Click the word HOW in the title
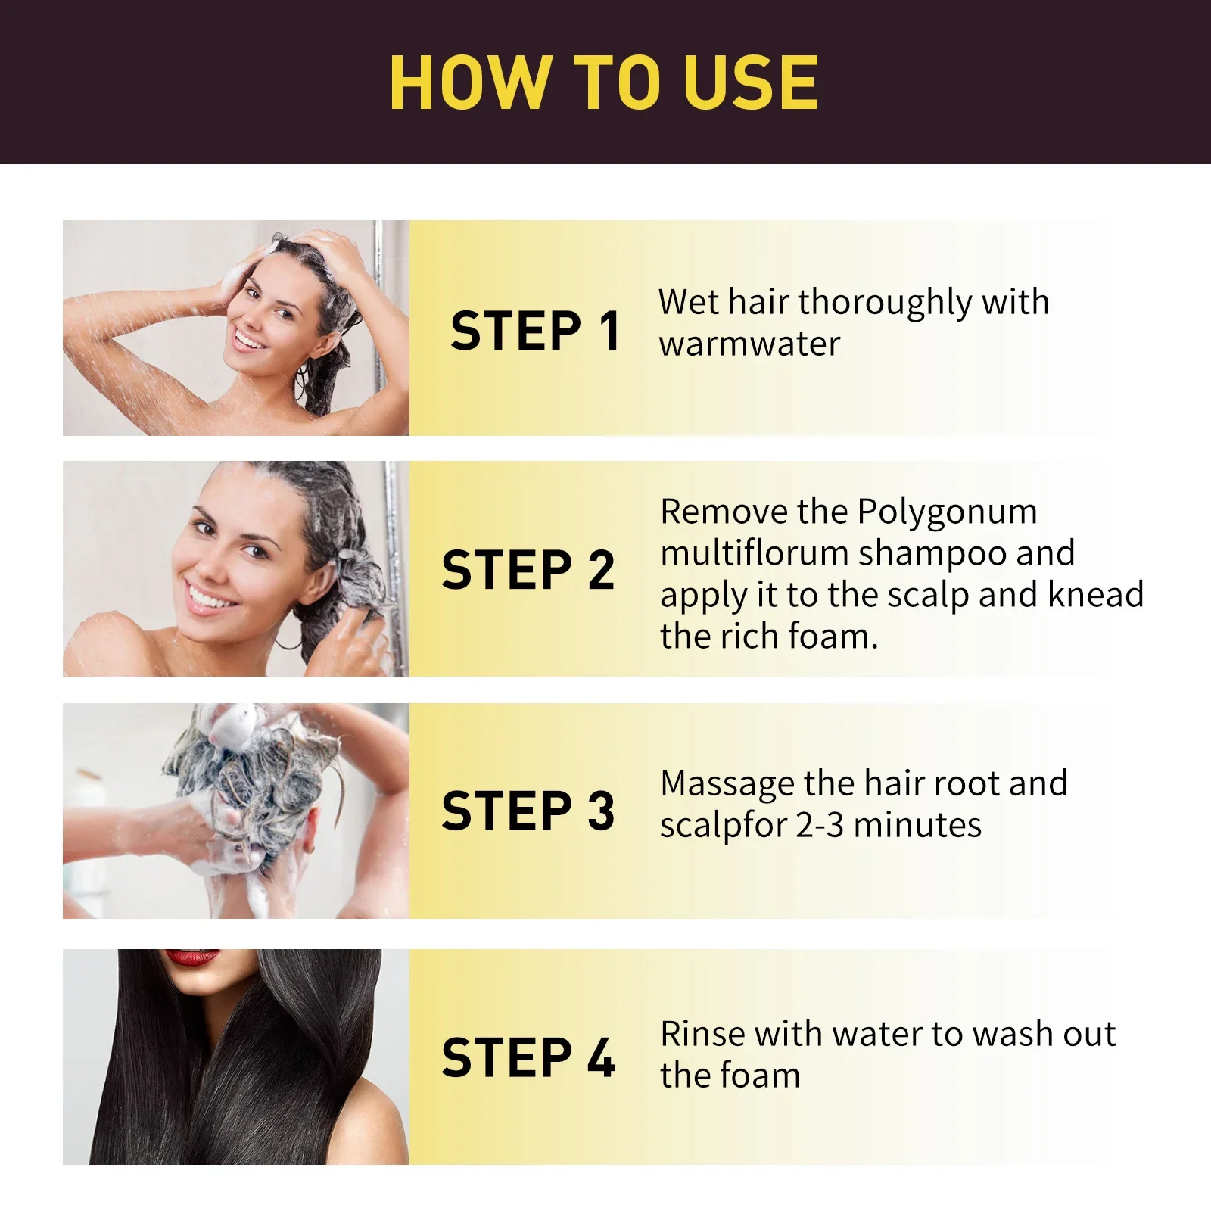pyautogui.click(x=469, y=82)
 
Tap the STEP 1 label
pyautogui.click(x=535, y=331)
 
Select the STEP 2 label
pyautogui.click(x=528, y=570)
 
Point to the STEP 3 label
pyautogui.click(x=528, y=811)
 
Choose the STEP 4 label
pyautogui.click(x=528, y=1057)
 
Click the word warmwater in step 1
pyautogui.click(x=749, y=344)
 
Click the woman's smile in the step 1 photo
pyautogui.click(x=249, y=338)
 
